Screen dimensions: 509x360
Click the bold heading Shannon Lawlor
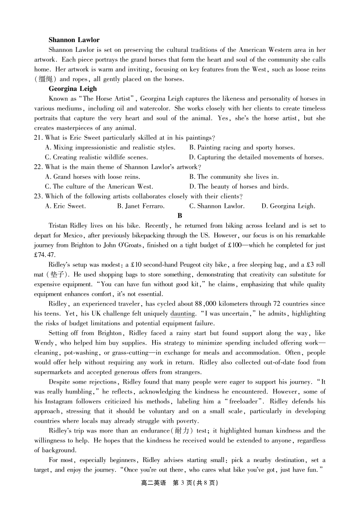pos(74,40)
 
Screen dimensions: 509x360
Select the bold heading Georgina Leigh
pos(73,89)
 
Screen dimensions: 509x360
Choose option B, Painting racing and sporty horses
pos(242,148)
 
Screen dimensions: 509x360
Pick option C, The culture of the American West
pos(99,187)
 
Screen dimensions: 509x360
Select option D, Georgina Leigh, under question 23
pos(288,206)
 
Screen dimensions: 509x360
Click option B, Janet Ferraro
pos(141,206)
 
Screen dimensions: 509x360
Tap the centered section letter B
pos(180,216)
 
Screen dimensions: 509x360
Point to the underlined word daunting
pos(183,314)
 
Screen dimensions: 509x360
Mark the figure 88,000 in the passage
pos(205,304)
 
